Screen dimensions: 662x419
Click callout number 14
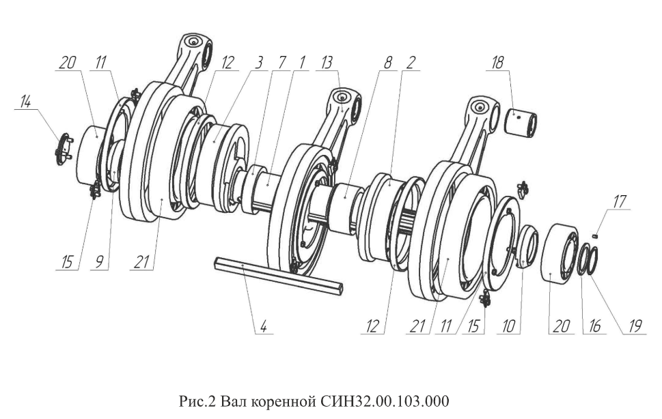coord(26,102)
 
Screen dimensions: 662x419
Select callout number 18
coord(498,63)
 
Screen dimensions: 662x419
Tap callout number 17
coord(620,201)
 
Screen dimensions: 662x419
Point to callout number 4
coord(263,327)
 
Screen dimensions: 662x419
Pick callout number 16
coord(595,326)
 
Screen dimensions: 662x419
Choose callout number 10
coord(509,326)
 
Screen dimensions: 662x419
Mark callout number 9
coord(99,263)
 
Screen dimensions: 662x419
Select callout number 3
coord(259,63)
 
